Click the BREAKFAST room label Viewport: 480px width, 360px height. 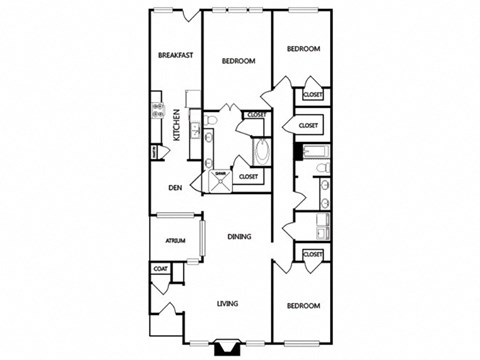[175, 55]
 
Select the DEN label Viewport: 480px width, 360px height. [175, 187]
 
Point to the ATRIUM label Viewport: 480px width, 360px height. [176, 240]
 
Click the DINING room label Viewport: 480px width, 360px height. [238, 237]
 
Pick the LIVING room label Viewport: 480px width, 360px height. [232, 304]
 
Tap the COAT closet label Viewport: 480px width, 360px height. [160, 268]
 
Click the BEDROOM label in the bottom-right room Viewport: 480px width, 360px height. [302, 305]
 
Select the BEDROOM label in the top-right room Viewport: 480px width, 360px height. [303, 49]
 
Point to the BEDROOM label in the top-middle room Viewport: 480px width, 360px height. [238, 61]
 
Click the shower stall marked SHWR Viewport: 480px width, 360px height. [221, 178]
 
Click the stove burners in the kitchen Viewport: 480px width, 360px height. [157, 109]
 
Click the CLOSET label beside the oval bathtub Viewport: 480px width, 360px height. [256, 115]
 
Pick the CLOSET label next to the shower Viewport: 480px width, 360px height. [248, 176]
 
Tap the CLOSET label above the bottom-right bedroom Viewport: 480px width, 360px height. [312, 254]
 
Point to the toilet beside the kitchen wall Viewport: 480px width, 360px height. [211, 123]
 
